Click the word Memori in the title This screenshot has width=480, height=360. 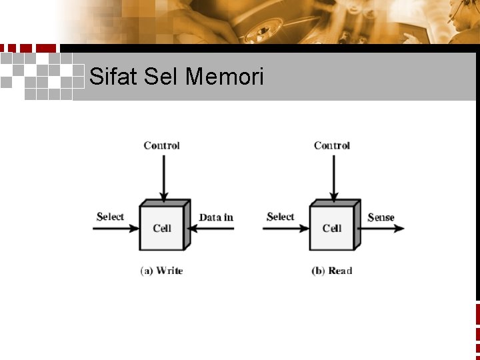225,77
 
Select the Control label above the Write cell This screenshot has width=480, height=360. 161,145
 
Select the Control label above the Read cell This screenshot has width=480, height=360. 332,145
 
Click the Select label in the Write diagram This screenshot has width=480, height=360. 110,217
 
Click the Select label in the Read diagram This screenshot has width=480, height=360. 280,217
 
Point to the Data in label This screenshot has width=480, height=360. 216,217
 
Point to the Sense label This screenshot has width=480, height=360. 381,217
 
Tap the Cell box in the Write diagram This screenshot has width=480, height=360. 162,227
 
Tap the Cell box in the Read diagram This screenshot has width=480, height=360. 332,227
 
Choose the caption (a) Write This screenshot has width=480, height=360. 161,271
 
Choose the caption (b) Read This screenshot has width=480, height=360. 331,271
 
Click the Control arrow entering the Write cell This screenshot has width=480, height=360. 162,177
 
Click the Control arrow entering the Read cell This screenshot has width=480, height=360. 332,177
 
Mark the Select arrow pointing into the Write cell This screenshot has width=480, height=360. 115,229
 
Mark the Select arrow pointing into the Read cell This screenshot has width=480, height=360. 285,229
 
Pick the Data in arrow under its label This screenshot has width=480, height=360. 212,229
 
